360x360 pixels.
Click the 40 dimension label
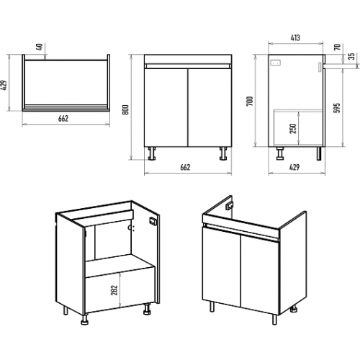pyautogui.click(x=40, y=47)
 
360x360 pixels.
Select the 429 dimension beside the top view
pyautogui.click(x=4, y=85)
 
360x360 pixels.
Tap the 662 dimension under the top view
pyautogui.click(x=63, y=119)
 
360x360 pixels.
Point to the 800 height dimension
pyautogui.click(x=126, y=109)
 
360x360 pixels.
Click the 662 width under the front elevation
pyautogui.click(x=185, y=167)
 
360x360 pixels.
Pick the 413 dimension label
pyautogui.click(x=295, y=38)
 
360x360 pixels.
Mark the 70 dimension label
pyautogui.click(x=338, y=47)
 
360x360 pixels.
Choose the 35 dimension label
pyautogui.click(x=351, y=56)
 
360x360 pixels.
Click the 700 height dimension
pyautogui.click(x=250, y=101)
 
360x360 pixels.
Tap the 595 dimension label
pyautogui.click(x=337, y=108)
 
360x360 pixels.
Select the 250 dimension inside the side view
pyautogui.click(x=293, y=129)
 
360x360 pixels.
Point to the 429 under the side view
pyautogui.click(x=294, y=167)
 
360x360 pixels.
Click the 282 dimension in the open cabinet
pyautogui.click(x=114, y=290)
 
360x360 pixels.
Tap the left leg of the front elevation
pyautogui.click(x=152, y=153)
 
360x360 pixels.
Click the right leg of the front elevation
pyautogui.click(x=223, y=153)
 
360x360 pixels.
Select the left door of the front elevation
pyautogui.click(x=166, y=107)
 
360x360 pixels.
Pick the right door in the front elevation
pyautogui.click(x=210, y=107)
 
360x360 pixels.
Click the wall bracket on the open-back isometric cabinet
pyautogui.click(x=153, y=221)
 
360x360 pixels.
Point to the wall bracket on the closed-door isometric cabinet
pyautogui.click(x=229, y=206)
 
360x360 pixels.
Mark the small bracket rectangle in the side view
pyautogui.click(x=275, y=63)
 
